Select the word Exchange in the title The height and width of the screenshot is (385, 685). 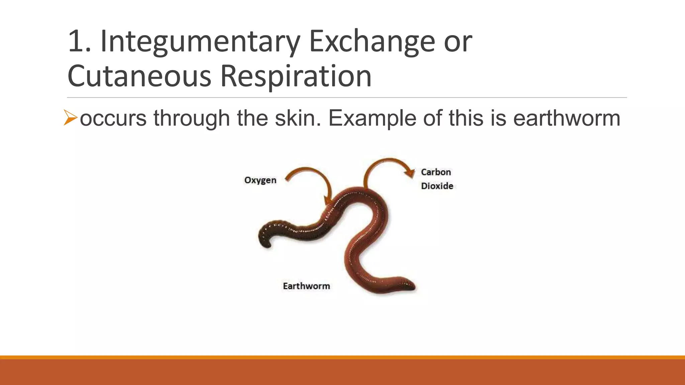click(372, 42)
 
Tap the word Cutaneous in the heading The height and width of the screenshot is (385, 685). click(139, 76)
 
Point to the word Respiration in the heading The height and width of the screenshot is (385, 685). click(296, 76)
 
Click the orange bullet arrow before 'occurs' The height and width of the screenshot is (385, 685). click(70, 118)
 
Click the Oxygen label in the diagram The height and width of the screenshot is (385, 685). click(260, 180)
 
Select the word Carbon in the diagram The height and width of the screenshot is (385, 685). click(436, 172)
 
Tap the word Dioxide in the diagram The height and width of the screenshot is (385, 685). click(437, 186)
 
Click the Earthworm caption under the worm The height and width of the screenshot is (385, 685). click(306, 286)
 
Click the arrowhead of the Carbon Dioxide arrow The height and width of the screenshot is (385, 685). click(409, 172)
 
